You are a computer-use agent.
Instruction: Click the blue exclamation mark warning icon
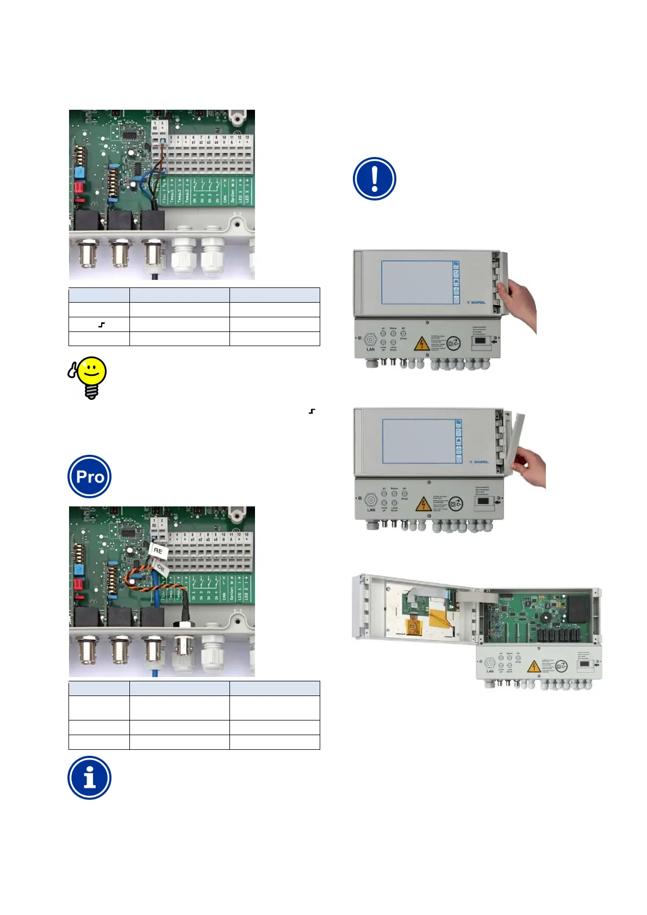[x=374, y=179]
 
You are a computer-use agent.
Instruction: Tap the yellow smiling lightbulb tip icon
[x=89, y=377]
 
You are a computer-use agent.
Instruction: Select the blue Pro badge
[x=90, y=477]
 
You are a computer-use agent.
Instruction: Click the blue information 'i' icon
[x=90, y=778]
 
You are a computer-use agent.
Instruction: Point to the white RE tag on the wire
[x=158, y=550]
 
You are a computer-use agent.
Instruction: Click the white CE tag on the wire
[x=161, y=568]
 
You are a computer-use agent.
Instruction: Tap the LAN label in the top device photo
[x=371, y=349]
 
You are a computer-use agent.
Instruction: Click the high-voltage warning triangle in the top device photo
[x=421, y=343]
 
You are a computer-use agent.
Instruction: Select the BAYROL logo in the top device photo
[x=476, y=302]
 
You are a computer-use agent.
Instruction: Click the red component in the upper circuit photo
[x=78, y=187]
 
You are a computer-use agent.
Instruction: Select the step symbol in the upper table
[x=102, y=325]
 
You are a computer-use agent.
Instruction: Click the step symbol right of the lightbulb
[x=312, y=411]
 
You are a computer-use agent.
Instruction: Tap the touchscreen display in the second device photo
[x=419, y=441]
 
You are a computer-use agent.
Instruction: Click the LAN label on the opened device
[x=490, y=672]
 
